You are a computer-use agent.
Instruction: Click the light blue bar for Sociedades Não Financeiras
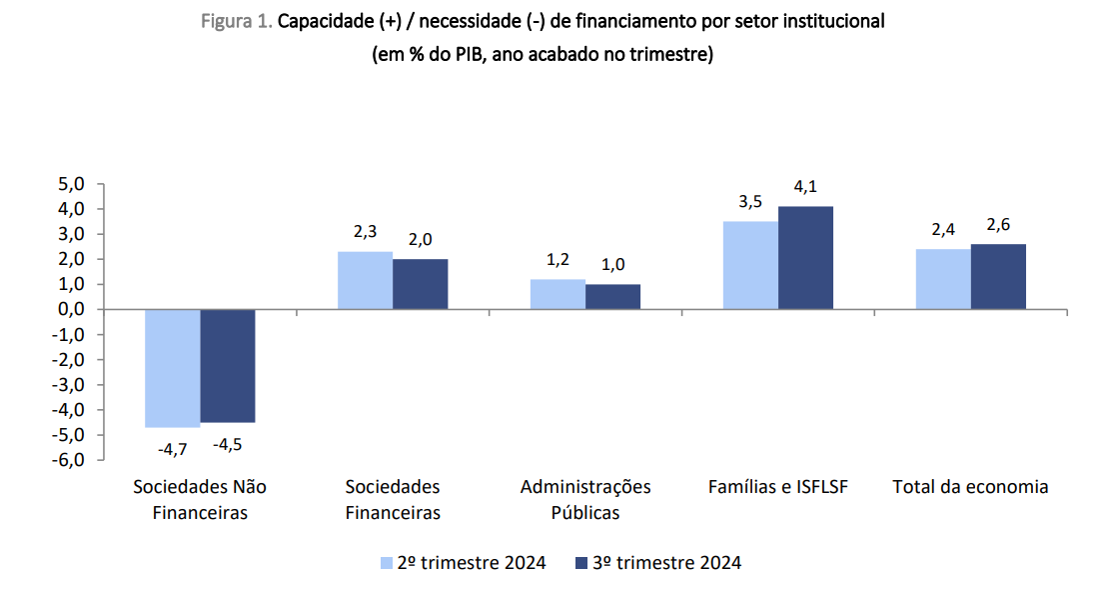tap(172, 368)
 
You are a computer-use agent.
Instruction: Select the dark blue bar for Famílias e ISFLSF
tap(805, 258)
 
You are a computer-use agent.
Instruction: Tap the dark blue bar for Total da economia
tap(998, 277)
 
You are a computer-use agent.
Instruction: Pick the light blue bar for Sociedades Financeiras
tap(365, 281)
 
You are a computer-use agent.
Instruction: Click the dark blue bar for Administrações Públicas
tap(612, 297)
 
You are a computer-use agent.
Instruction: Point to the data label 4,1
tap(805, 188)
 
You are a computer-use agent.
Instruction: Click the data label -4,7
tap(173, 450)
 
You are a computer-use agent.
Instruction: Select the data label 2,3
tap(365, 232)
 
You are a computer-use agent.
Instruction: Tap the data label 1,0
tap(612, 265)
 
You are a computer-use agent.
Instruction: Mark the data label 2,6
tap(998, 225)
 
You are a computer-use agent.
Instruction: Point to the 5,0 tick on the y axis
tap(71, 184)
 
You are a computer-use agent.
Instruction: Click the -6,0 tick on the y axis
tap(68, 460)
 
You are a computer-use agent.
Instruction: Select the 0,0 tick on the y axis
tap(71, 309)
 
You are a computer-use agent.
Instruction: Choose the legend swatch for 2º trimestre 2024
tap(385, 564)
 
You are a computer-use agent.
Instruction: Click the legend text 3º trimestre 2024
tap(667, 563)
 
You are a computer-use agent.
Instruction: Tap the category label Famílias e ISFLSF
tap(777, 487)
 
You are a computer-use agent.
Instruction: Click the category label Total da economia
tap(970, 487)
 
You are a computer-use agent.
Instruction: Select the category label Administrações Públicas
tap(585, 500)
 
